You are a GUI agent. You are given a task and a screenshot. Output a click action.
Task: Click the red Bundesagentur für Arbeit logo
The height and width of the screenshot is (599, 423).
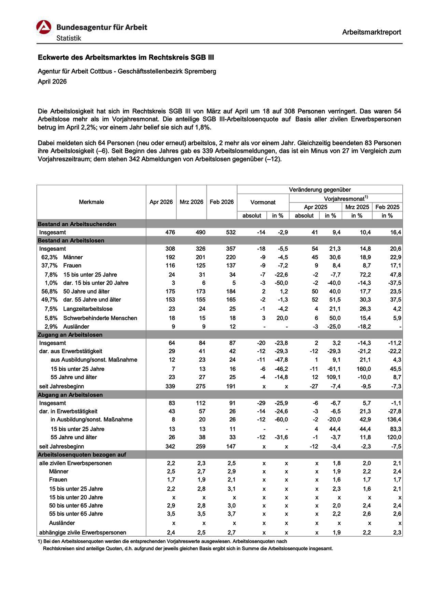click(44, 28)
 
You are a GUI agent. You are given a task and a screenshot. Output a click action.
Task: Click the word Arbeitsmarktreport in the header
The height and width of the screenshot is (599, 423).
click(371, 32)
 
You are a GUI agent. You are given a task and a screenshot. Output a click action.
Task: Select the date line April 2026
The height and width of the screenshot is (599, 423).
click(52, 82)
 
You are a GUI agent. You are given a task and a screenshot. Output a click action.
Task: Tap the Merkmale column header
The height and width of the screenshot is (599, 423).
click(91, 202)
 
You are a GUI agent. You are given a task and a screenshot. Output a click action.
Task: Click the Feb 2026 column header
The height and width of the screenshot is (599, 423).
click(221, 202)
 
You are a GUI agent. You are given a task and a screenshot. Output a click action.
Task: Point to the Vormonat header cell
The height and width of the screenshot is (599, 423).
click(263, 202)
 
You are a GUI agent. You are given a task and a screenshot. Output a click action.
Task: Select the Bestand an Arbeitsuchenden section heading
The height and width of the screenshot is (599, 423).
click(77, 224)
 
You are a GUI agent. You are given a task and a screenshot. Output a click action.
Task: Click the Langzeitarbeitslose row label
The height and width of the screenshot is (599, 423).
click(88, 309)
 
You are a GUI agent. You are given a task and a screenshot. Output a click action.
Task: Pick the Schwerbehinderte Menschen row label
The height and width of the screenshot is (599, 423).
click(100, 318)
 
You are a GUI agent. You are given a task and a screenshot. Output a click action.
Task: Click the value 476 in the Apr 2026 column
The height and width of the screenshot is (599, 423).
click(170, 232)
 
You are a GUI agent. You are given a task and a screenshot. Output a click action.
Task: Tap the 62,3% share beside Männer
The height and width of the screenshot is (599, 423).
click(49, 257)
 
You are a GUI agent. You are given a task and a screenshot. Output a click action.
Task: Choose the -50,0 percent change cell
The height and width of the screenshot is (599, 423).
click(280, 283)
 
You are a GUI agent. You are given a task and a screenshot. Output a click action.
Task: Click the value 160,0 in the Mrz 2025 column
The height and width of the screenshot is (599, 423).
click(364, 369)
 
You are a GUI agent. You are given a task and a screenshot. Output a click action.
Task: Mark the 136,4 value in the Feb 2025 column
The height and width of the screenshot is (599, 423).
click(394, 420)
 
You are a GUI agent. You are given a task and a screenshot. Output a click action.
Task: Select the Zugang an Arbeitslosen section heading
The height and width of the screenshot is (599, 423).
click(70, 335)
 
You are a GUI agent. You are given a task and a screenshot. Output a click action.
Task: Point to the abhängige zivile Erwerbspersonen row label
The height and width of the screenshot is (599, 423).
click(83, 532)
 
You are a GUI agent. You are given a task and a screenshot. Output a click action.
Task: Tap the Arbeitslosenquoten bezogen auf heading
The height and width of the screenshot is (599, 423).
click(82, 455)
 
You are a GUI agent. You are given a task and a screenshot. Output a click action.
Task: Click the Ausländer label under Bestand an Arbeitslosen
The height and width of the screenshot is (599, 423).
click(76, 327)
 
